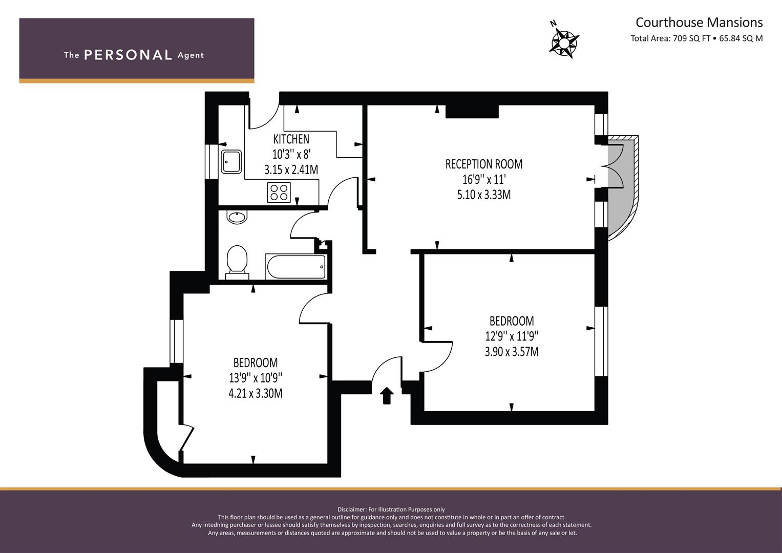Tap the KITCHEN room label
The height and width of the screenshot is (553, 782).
pos(291,139)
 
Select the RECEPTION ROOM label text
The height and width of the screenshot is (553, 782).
pos(484,164)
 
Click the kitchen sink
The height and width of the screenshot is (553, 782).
pos(231,162)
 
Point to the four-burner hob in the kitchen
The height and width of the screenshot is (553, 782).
pos(279,193)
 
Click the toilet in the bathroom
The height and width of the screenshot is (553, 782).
pos(237,262)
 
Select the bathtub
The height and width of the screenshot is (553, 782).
pos(295,266)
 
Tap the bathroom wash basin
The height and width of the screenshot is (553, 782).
pos(237,217)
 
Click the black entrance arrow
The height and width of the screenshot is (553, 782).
pos(387,395)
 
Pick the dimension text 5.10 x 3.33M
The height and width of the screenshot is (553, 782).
pos(484,195)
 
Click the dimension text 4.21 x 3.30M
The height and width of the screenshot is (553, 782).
pos(256,393)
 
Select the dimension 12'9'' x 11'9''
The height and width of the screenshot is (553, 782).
pos(512,336)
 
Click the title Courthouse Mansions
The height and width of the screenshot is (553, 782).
pos(699,23)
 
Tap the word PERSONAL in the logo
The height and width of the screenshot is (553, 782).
pos(128,55)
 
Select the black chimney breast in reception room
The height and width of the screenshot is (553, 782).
pos(472,112)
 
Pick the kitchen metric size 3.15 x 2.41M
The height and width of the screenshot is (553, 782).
pos(291,170)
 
